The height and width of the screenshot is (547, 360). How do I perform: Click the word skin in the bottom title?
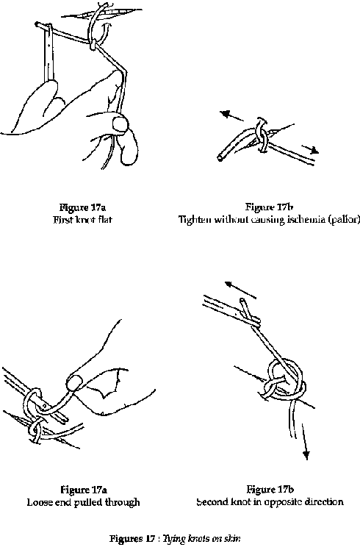[234, 538]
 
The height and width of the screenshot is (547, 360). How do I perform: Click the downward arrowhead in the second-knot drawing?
[306, 455]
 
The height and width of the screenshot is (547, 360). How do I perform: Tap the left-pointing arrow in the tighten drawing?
[231, 116]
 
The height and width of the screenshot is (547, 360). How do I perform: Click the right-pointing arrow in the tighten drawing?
[310, 149]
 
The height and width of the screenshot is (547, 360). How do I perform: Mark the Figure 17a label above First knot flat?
[82, 207]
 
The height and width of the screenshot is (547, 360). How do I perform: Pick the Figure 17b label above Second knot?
[270, 490]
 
